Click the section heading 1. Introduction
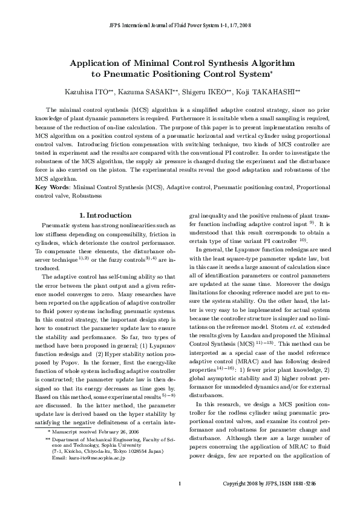point(105,215)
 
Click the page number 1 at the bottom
point(180,501)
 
